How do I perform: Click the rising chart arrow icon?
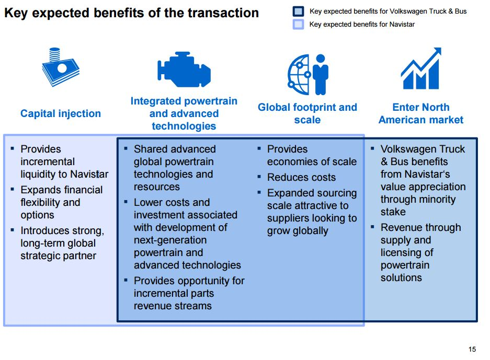tap(421, 68)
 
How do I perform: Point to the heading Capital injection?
tap(61, 113)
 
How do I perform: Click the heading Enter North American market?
tap(421, 113)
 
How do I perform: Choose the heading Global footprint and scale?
tap(307, 113)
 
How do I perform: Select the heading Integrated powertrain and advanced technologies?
tap(184, 113)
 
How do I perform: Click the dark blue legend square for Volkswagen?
tap(298, 11)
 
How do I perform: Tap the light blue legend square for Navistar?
tap(298, 24)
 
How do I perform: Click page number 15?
tap(472, 349)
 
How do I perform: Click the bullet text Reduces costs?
tap(301, 178)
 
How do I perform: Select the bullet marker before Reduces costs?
tap(259, 177)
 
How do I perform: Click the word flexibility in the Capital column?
tap(43, 203)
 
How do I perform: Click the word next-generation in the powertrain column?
tap(170, 240)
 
